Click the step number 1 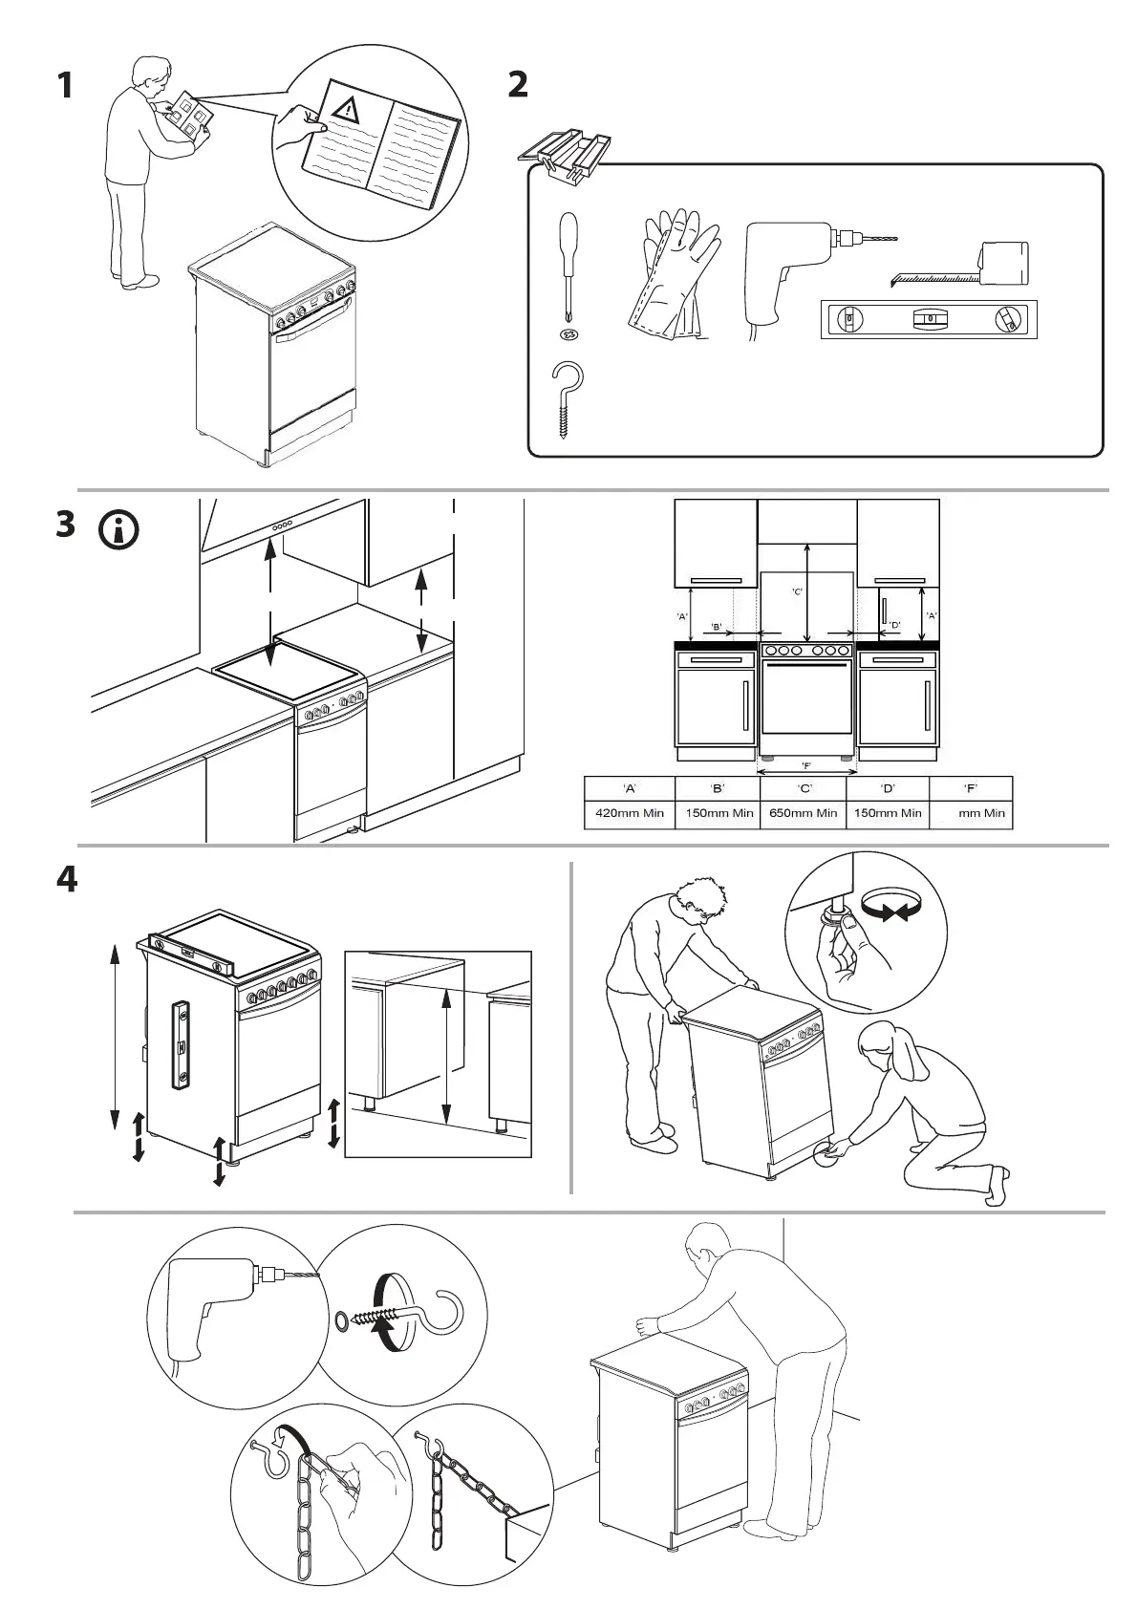tap(64, 85)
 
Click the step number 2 tap(517, 85)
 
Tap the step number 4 tap(66, 879)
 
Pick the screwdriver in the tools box tap(568, 263)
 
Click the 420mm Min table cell tap(630, 813)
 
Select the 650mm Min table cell tap(804, 813)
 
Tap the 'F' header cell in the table tap(970, 788)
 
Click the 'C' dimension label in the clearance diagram tap(798, 591)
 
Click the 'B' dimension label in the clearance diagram tap(716, 627)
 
